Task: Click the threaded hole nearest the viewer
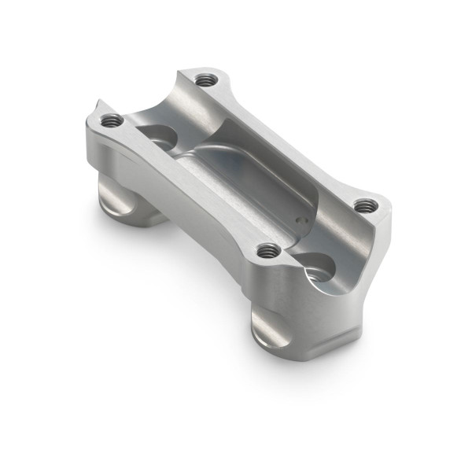[x=269, y=251]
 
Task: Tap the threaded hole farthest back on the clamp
[x=206, y=79]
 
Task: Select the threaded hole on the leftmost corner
[x=112, y=120]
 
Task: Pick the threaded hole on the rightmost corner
[x=363, y=205]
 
